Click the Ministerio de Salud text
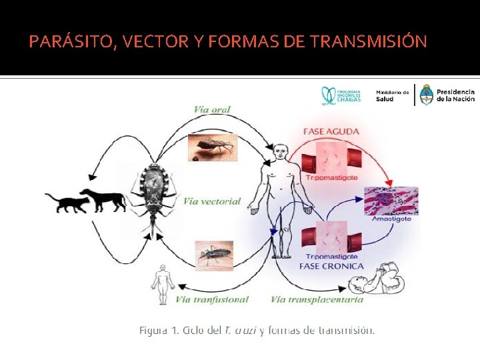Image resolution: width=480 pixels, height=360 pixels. pyautogui.click(x=393, y=95)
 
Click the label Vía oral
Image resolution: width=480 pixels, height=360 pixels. pyautogui.click(x=212, y=109)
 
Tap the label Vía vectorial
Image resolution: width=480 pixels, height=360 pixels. pyautogui.click(x=212, y=201)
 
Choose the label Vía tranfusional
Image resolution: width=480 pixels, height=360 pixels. pyautogui.click(x=213, y=300)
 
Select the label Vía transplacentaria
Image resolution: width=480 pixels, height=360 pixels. pyautogui.click(x=317, y=300)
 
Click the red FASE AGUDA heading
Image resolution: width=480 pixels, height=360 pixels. pyautogui.click(x=331, y=131)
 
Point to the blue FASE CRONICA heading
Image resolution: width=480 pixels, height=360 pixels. pyautogui.click(x=332, y=266)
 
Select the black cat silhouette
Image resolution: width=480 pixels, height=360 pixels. pyautogui.click(x=67, y=202)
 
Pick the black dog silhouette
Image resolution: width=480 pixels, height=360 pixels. pyautogui.click(x=103, y=199)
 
